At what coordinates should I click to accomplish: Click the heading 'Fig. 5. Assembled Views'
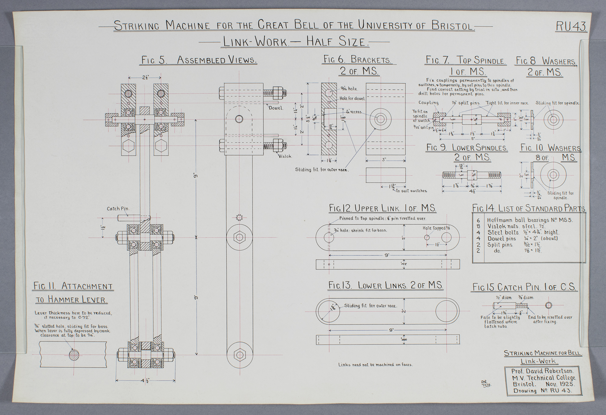click(199, 60)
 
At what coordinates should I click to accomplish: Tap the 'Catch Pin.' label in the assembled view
click(118, 208)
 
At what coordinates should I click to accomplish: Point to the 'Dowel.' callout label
click(275, 108)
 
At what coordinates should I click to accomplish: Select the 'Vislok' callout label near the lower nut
click(285, 156)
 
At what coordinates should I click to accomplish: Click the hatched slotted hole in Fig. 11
click(74, 355)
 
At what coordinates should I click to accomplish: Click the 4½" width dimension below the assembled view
click(146, 380)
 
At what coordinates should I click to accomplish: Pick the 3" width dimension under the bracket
click(385, 159)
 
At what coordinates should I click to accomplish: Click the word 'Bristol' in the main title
click(452, 25)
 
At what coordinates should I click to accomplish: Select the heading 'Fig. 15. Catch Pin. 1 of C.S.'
click(524, 287)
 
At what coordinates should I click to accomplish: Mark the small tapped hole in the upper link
click(427, 237)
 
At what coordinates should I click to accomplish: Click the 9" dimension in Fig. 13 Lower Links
click(391, 330)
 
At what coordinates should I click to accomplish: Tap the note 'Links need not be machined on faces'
click(375, 365)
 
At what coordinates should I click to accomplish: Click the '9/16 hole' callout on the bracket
click(348, 89)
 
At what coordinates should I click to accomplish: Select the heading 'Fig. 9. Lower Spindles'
click(467, 148)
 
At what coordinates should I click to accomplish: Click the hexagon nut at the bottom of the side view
click(239, 354)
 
